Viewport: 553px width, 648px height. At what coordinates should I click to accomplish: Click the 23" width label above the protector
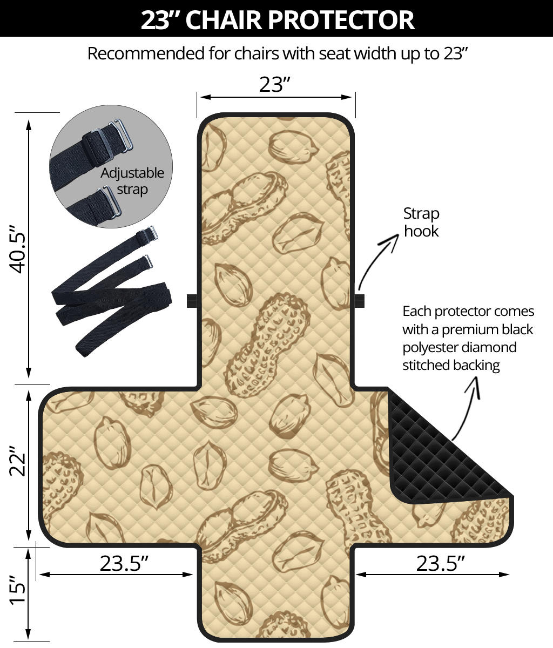point(275,85)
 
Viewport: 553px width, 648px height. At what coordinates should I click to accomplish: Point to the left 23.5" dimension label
point(124,564)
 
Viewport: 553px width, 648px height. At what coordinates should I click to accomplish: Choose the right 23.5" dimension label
point(440,564)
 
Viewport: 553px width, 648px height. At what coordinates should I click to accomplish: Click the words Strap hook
point(421,222)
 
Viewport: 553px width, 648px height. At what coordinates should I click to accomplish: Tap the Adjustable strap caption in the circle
point(132,181)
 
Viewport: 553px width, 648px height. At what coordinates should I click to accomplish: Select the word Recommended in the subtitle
point(146,53)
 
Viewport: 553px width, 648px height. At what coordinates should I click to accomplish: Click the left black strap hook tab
point(192,301)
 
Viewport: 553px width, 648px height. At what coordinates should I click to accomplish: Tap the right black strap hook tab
point(360,301)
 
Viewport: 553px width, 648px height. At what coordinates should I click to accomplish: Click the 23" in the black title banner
point(162,19)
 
